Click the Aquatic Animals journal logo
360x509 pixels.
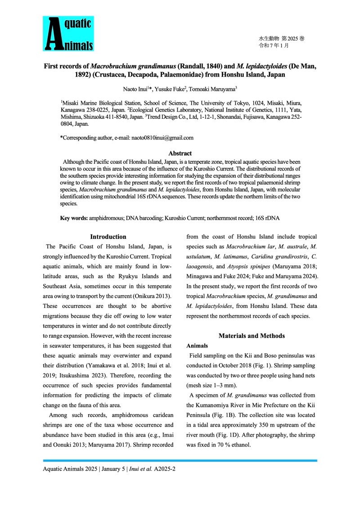tap(68, 34)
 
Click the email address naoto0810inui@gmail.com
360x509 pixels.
tap(162, 138)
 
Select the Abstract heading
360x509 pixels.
tap(180, 153)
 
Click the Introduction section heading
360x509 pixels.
tap(108, 237)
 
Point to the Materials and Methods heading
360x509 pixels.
tap(252, 336)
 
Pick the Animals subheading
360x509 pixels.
tap(197, 346)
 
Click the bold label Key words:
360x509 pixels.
tap(74, 218)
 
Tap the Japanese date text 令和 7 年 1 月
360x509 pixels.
tap(274, 46)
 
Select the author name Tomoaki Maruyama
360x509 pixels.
tap(218, 89)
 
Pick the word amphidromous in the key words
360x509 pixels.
tap(106, 218)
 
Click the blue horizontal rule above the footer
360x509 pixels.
tap(180, 460)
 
